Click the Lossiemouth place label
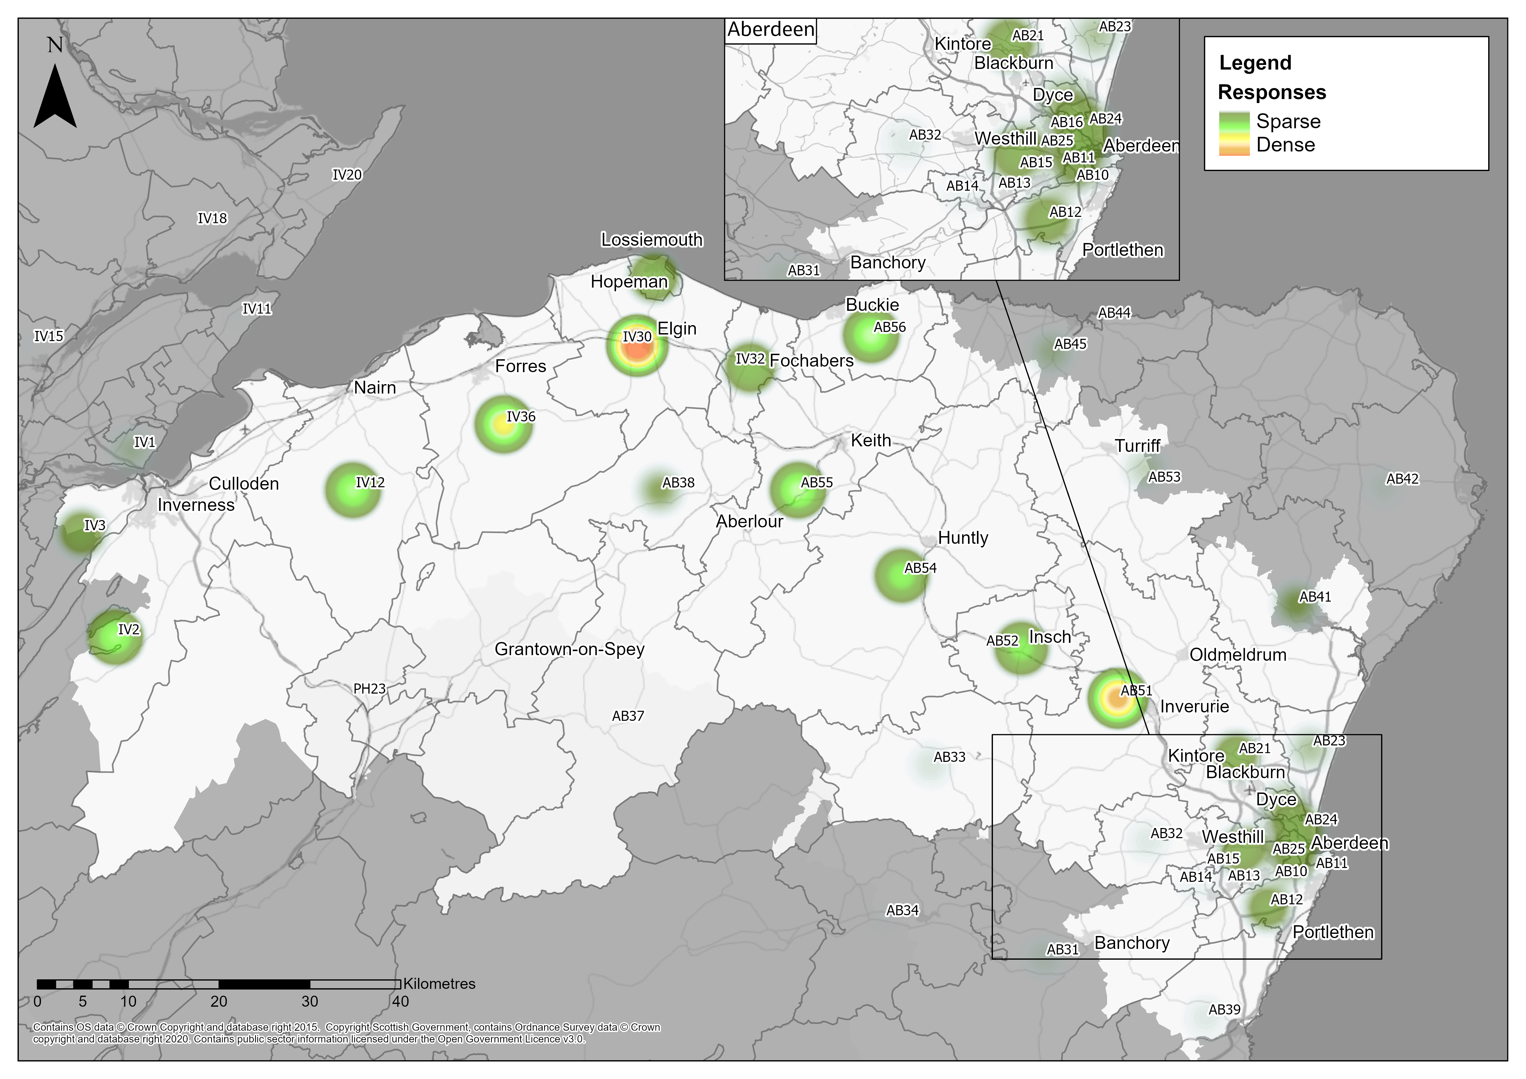651,240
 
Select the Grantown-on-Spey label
570,649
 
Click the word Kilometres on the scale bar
439,984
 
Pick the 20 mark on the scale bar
219,1001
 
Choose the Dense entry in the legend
1285,145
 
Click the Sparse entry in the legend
1288,121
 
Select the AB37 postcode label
628,716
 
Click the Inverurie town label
1194,706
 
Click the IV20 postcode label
347,175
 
